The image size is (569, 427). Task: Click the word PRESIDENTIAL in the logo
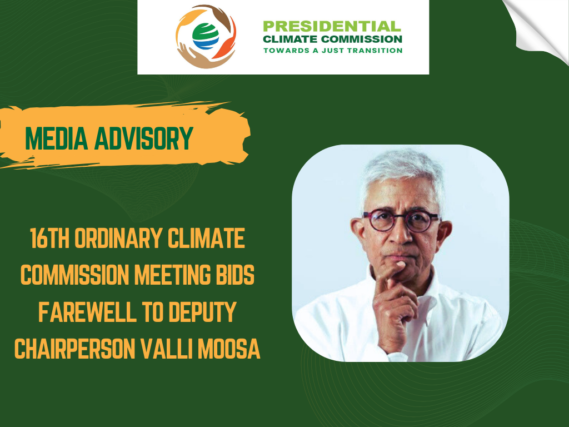(x=332, y=27)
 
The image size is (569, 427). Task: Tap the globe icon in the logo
(x=206, y=36)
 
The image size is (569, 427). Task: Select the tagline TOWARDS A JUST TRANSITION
(x=333, y=51)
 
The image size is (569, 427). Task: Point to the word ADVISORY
(x=144, y=138)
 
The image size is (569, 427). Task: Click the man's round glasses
(x=401, y=220)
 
